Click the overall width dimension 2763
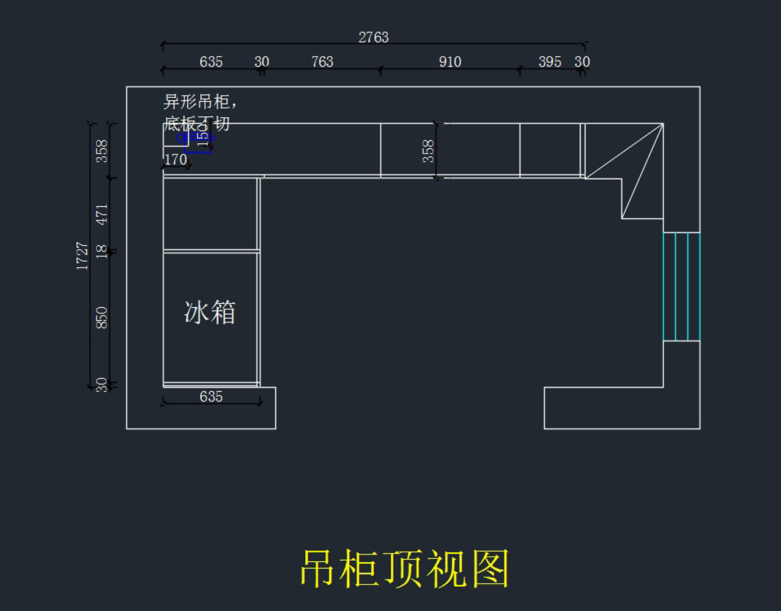(374, 37)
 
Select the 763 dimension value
(322, 62)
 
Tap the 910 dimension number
(450, 62)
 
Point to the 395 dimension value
(550, 62)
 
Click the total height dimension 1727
(83, 255)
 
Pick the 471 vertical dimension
(102, 214)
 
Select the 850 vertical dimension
(102, 317)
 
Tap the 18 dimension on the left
(102, 251)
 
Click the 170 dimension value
(176, 159)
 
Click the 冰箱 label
(210, 313)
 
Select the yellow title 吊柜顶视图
(404, 569)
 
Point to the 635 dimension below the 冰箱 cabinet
(211, 396)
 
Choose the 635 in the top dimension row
(211, 62)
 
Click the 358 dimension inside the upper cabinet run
(428, 150)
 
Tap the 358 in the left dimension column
(102, 150)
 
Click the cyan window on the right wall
(681, 286)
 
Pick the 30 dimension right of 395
(582, 62)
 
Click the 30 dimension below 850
(102, 385)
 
